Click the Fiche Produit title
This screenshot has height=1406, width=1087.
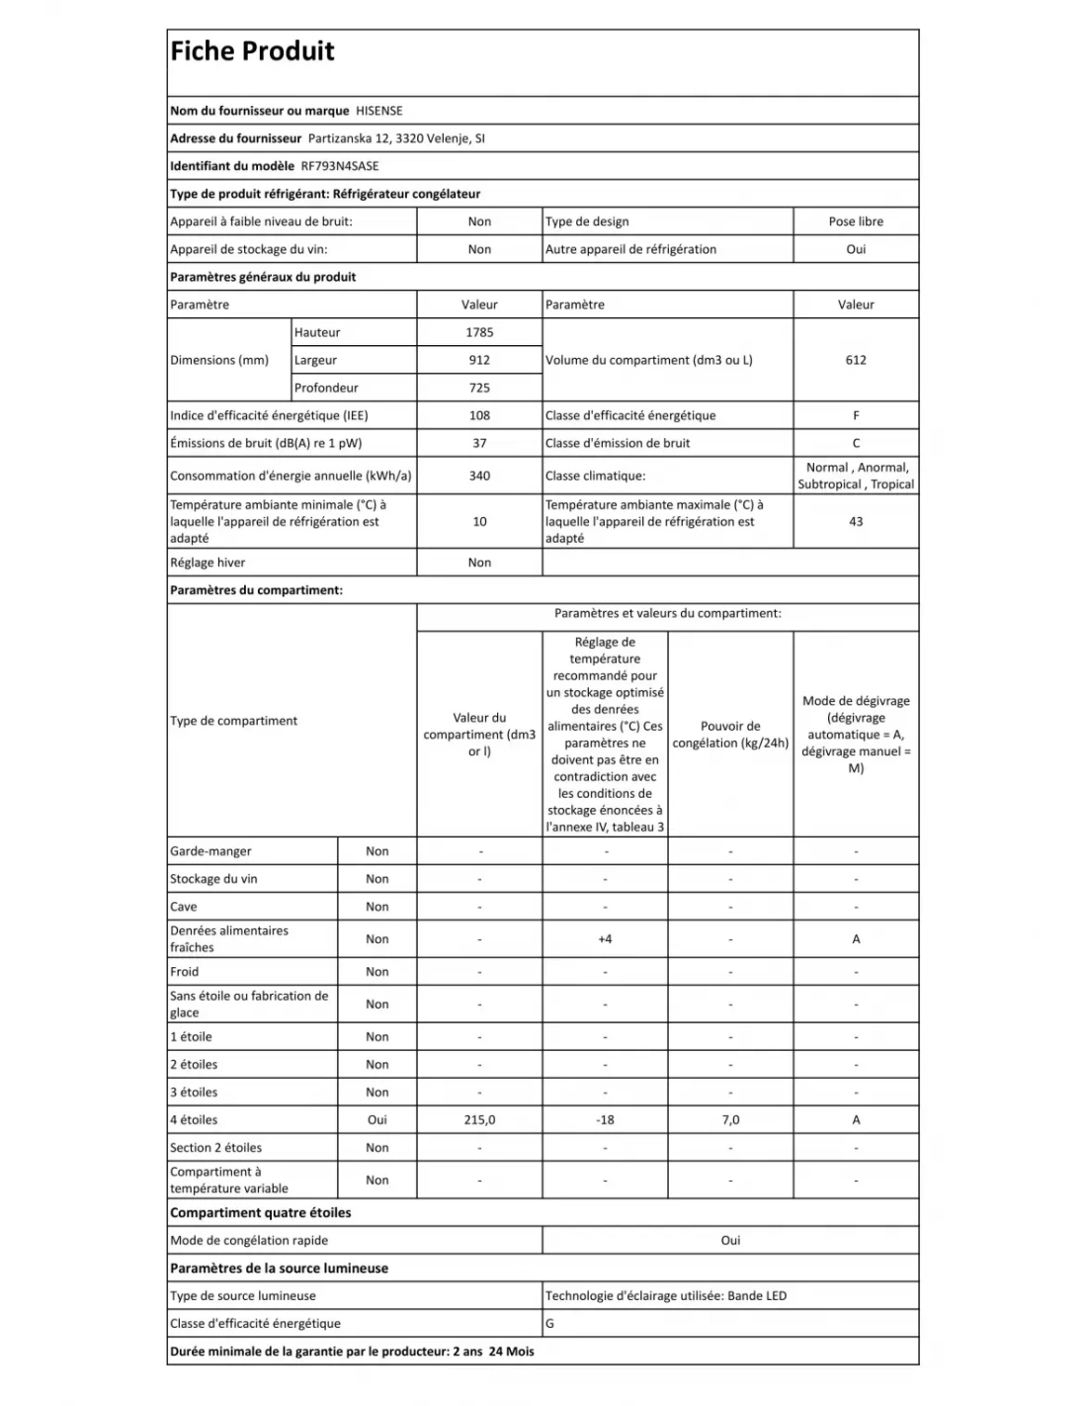click(252, 51)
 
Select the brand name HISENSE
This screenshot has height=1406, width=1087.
click(378, 111)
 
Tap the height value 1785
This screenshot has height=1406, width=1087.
click(479, 332)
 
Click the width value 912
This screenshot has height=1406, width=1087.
click(479, 360)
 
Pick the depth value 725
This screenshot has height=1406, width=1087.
click(479, 388)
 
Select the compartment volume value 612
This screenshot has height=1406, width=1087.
click(856, 360)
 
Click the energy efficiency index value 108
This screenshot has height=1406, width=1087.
click(479, 415)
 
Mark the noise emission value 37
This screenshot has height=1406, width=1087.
click(479, 443)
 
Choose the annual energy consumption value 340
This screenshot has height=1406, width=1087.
click(479, 476)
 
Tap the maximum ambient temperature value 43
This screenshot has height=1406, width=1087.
click(856, 521)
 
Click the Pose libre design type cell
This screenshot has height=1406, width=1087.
click(856, 221)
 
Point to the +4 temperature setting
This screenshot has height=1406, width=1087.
click(605, 938)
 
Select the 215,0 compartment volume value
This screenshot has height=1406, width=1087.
click(479, 1119)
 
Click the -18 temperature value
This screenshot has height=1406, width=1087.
click(605, 1119)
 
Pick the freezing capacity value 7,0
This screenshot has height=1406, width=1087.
click(730, 1119)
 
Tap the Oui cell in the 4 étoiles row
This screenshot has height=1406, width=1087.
click(376, 1119)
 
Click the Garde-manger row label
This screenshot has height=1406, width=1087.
click(210, 850)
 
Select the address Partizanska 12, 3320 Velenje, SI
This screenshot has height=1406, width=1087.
click(396, 138)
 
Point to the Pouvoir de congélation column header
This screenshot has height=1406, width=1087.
click(730, 735)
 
